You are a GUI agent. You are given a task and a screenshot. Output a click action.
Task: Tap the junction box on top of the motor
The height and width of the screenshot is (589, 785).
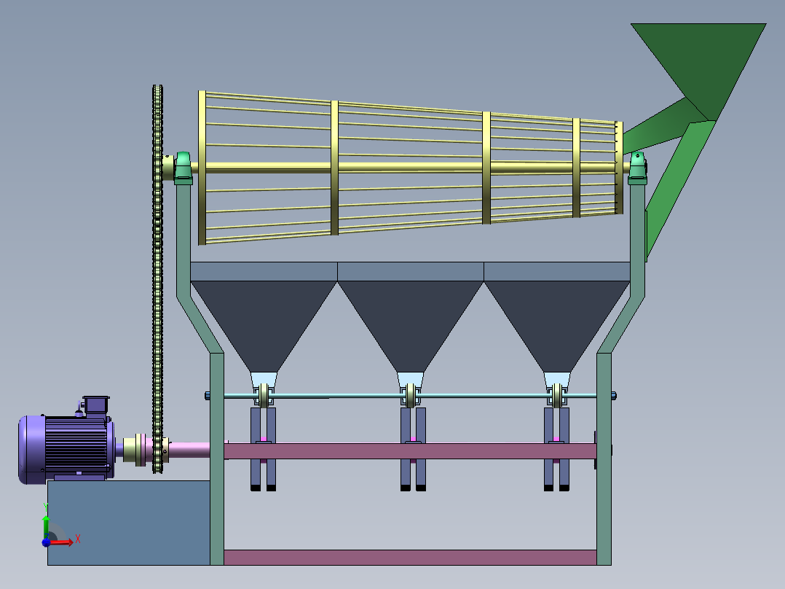[x=95, y=405]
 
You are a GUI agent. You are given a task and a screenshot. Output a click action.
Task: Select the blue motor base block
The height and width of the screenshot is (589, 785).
[x=129, y=523]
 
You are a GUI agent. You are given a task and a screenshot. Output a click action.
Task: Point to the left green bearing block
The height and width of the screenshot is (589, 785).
[x=183, y=166]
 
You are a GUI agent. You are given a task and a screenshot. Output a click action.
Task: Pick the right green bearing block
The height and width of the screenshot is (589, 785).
[x=637, y=166]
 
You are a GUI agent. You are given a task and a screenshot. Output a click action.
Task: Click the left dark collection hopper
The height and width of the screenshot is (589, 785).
[x=264, y=326]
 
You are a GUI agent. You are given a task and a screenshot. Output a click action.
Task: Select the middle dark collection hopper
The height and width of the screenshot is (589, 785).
[x=411, y=326]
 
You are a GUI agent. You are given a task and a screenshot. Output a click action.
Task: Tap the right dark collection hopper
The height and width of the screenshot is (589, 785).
[x=556, y=326]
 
